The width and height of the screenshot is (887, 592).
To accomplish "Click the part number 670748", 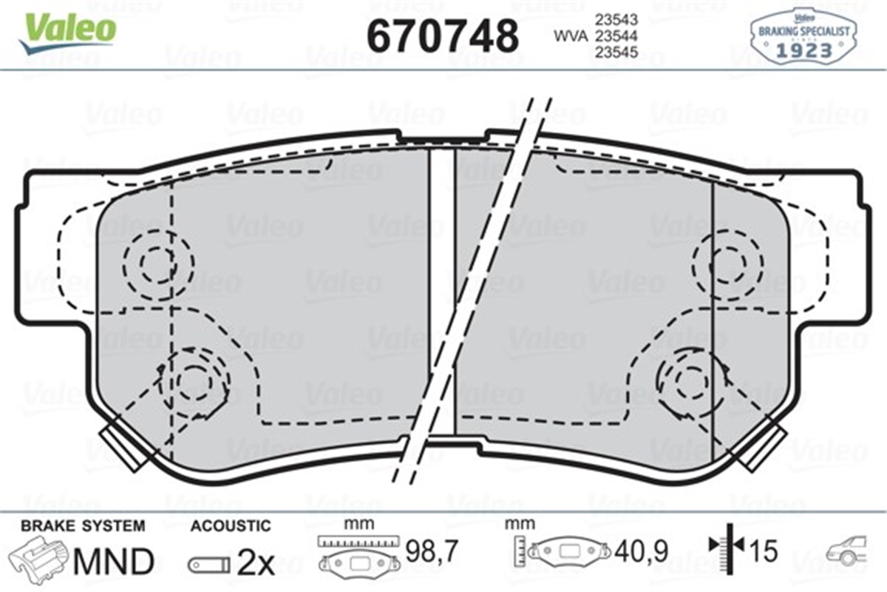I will coord(442,35).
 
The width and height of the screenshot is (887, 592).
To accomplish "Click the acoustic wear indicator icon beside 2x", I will coord(208,565).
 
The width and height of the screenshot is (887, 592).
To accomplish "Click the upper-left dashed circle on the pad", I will coord(157,263).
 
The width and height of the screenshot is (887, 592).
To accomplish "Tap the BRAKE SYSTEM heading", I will coord(82,525).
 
